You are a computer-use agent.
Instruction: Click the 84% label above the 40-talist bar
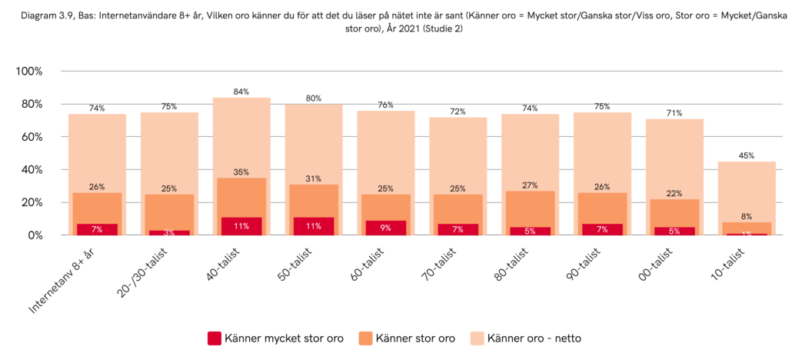click(241, 92)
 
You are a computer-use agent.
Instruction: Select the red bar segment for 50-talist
click(314, 226)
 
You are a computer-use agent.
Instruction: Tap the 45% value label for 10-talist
click(747, 156)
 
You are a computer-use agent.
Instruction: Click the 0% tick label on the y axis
click(35, 235)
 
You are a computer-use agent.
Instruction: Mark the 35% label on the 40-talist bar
click(241, 172)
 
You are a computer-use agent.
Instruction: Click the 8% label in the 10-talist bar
click(747, 217)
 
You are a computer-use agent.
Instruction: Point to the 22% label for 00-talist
click(675, 194)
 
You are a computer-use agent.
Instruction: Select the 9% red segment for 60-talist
click(386, 228)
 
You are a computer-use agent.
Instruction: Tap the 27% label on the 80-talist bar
click(531, 185)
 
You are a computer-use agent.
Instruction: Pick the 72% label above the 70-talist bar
click(458, 112)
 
